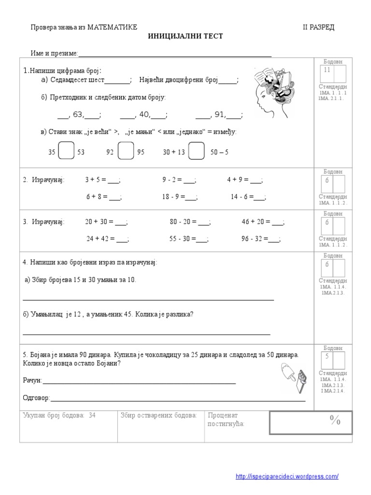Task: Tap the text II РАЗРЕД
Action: tap(318, 27)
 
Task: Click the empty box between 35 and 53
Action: tap(66, 151)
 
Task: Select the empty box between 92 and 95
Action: tap(126, 151)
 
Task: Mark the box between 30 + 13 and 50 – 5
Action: tap(196, 151)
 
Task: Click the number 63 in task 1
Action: tap(78, 115)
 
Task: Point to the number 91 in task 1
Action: tap(219, 115)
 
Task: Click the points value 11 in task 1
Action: tap(327, 71)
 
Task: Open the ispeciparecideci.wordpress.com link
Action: tap(287, 477)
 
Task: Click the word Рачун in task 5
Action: tap(32, 380)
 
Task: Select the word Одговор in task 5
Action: tap(36, 398)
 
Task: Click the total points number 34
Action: tap(92, 415)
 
